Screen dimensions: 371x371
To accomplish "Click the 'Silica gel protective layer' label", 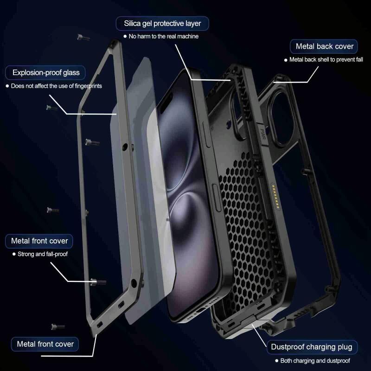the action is [162, 24].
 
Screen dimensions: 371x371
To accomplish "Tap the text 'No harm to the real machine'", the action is [164, 36].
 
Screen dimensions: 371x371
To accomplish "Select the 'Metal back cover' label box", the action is [324, 46].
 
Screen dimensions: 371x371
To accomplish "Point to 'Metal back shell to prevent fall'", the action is [326, 60].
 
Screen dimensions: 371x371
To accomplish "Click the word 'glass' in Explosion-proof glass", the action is [71, 73].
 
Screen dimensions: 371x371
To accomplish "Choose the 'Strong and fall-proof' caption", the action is [43, 254].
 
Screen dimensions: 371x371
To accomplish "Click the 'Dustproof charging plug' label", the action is [312, 347].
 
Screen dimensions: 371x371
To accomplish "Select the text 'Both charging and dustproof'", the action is [315, 361].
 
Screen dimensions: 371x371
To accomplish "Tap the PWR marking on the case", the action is [262, 134].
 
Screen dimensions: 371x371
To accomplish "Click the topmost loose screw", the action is [83, 37].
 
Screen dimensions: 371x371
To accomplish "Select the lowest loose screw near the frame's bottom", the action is [58, 327].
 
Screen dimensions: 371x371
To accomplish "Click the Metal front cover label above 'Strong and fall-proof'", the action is [39, 241].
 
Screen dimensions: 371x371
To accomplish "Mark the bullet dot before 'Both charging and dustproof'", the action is [276, 361].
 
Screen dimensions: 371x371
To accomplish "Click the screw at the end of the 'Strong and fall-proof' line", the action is [98, 281].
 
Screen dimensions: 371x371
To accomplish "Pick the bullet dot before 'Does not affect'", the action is [7, 86].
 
